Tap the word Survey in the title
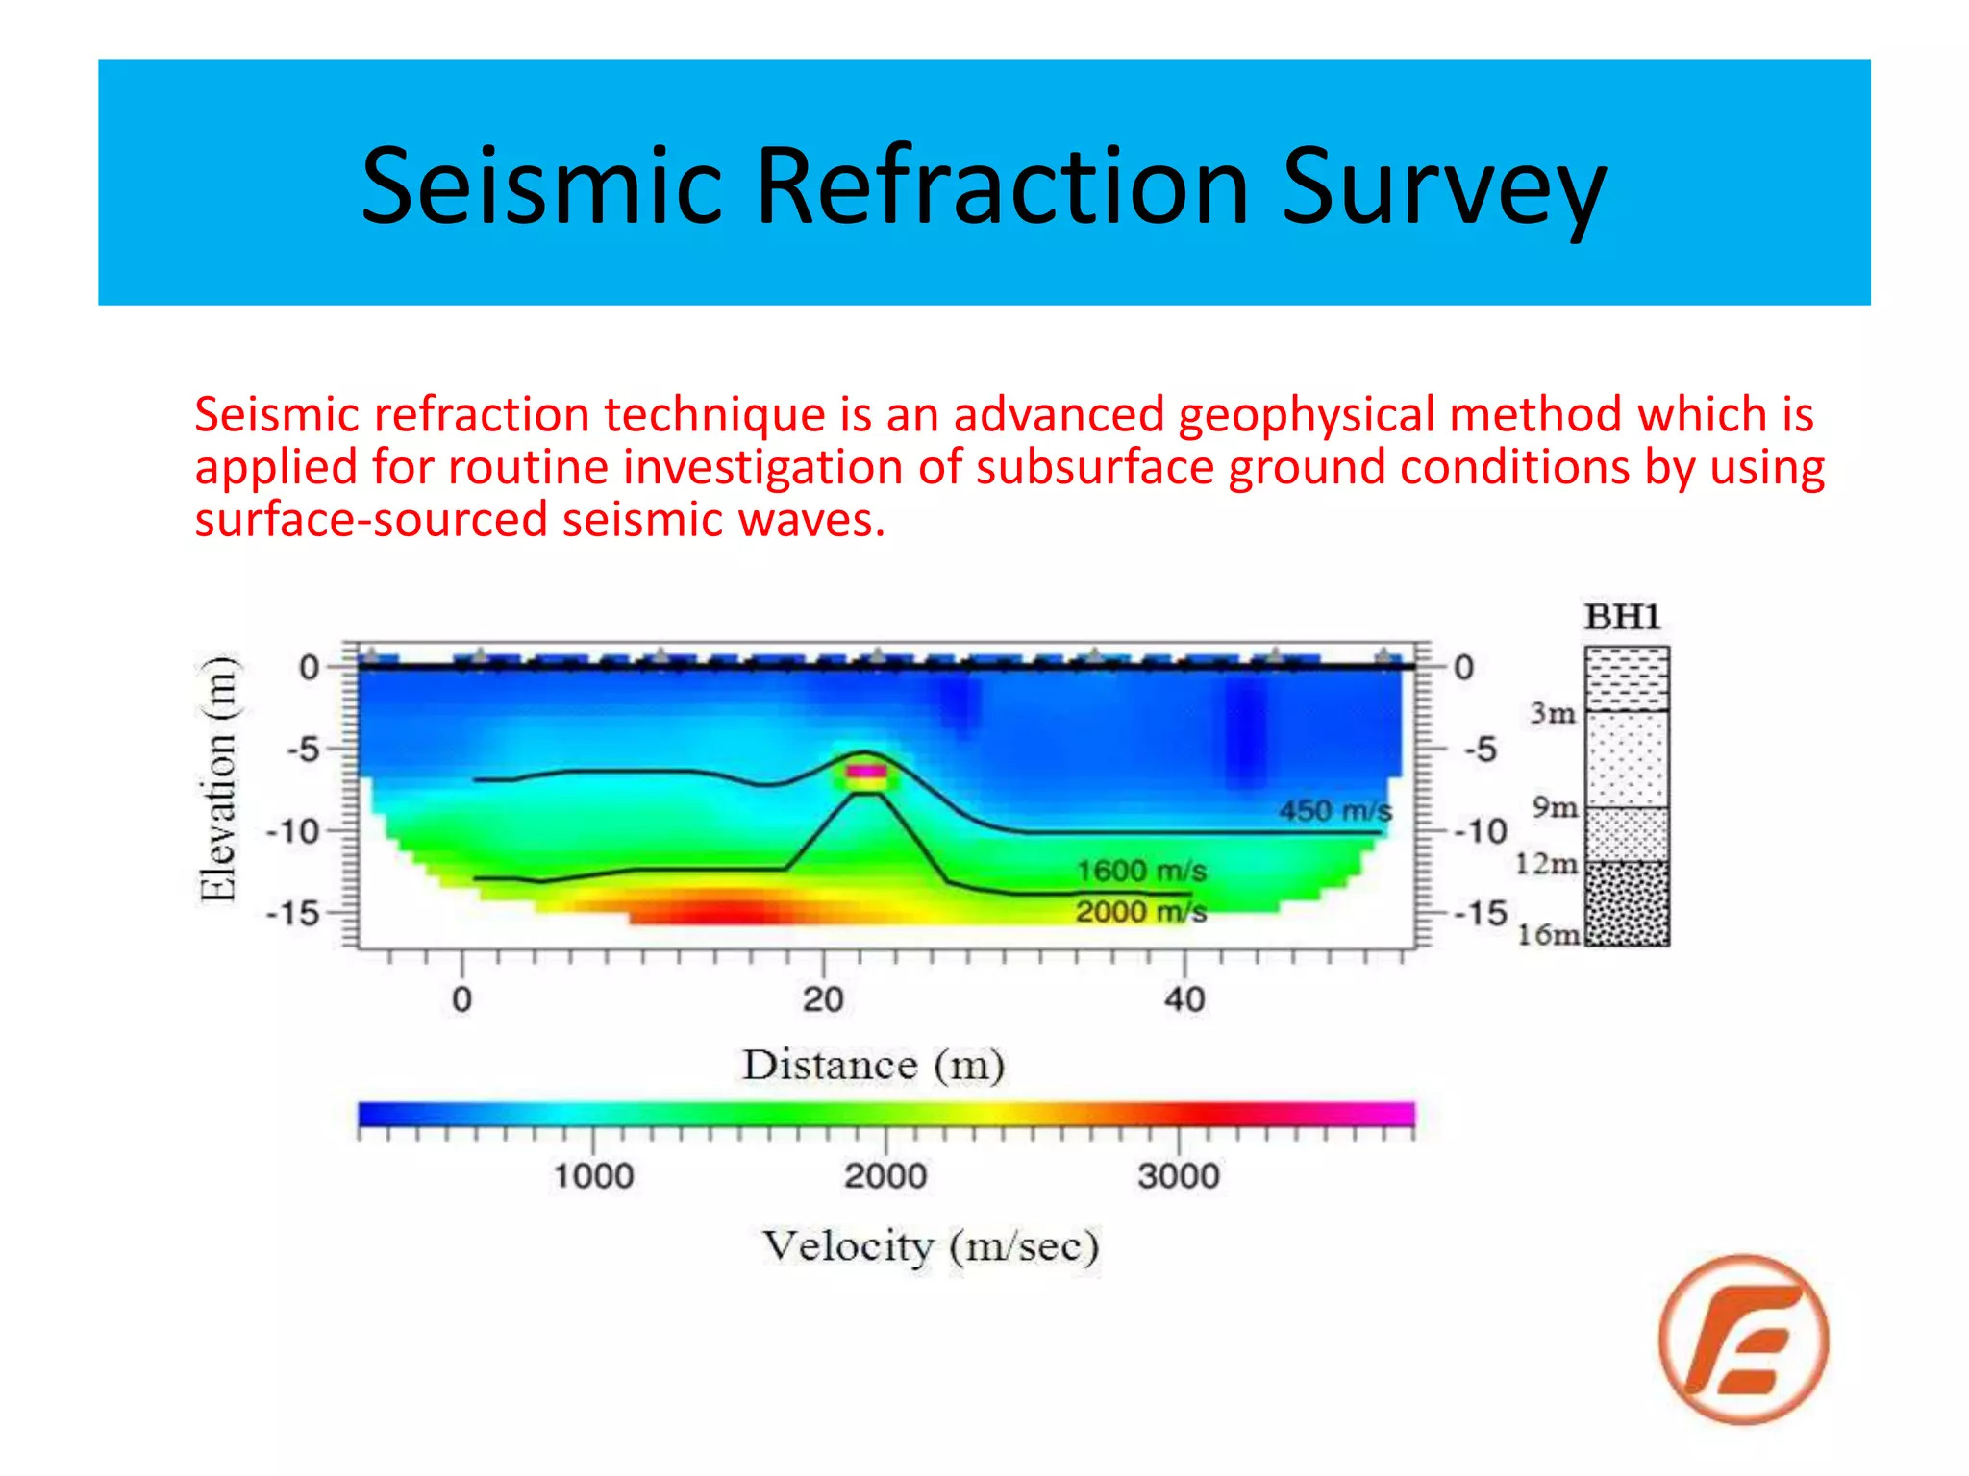click(1443, 186)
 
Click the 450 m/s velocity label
click(1334, 810)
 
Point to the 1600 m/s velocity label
click(1140, 871)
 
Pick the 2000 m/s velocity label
click(1140, 911)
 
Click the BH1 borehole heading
click(1623, 617)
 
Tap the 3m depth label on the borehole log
click(1553, 713)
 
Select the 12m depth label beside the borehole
click(1546, 864)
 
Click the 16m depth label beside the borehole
click(1548, 934)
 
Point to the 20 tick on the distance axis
click(823, 999)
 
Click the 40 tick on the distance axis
click(1184, 999)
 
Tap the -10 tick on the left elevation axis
click(293, 830)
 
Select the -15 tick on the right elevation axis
click(1481, 913)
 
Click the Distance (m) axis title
click(873, 1065)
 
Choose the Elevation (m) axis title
click(217, 778)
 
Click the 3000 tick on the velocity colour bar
click(1179, 1175)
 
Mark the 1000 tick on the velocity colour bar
click(593, 1175)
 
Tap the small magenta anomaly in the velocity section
click(865, 771)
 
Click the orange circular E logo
click(1743, 1339)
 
